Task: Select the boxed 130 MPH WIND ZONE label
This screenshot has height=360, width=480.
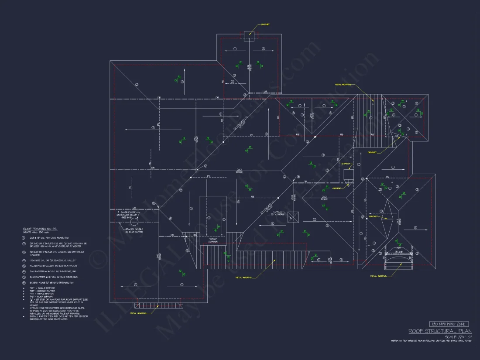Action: (449, 324)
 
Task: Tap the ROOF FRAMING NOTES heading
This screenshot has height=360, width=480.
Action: (40, 228)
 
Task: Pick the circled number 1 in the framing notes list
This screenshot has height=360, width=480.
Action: (24, 237)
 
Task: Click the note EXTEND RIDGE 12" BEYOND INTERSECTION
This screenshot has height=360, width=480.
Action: (49, 283)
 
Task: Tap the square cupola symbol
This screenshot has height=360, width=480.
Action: (294, 216)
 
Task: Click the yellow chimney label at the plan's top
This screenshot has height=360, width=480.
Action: (265, 24)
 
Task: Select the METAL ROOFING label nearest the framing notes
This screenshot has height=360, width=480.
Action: (141, 313)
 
